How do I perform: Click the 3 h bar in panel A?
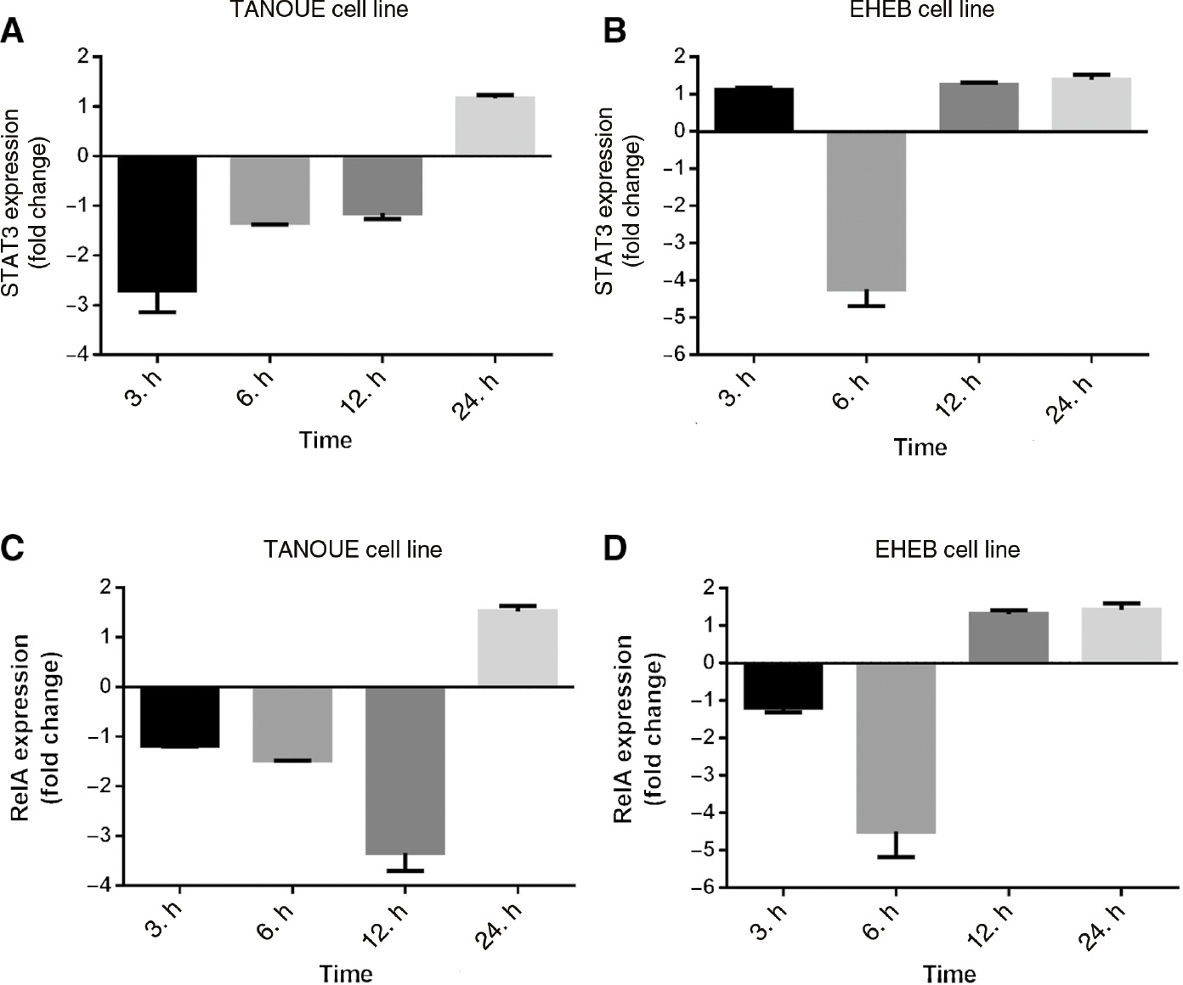pyautogui.click(x=157, y=223)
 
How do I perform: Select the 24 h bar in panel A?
pyautogui.click(x=495, y=127)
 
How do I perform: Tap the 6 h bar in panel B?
pyautogui.click(x=866, y=211)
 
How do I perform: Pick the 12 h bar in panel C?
pyautogui.click(x=405, y=769)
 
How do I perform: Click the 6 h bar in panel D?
pyautogui.click(x=896, y=747)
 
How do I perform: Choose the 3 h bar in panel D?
pyautogui.click(x=783, y=685)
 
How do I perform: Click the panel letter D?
pyautogui.click(x=614, y=549)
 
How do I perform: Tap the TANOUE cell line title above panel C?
pyautogui.click(x=353, y=549)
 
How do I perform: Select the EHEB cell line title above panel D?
pyautogui.click(x=947, y=549)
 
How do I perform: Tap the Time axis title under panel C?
pyautogui.click(x=346, y=973)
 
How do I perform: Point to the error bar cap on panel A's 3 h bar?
pyautogui.click(x=157, y=312)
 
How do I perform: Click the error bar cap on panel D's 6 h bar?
pyautogui.click(x=896, y=857)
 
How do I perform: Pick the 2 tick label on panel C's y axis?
pyautogui.click(x=105, y=588)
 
